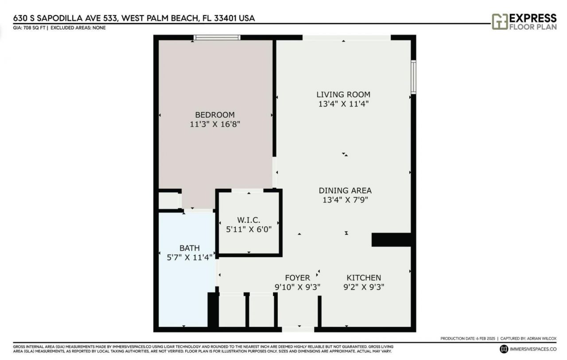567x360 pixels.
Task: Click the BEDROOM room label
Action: click(215, 115)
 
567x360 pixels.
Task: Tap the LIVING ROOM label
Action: click(343, 94)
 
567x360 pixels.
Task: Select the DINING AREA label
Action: click(345, 190)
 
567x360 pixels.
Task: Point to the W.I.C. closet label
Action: click(248, 220)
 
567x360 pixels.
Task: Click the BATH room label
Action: click(189, 248)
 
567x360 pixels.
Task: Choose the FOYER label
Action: click(297, 278)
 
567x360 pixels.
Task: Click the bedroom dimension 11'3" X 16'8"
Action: click(215, 124)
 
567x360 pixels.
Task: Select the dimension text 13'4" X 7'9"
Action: click(345, 200)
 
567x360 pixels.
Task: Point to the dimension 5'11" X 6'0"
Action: click(248, 229)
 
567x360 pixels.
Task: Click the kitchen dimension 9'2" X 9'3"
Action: click(363, 286)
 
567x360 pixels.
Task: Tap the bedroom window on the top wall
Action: click(217, 38)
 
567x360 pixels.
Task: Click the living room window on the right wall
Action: click(413, 77)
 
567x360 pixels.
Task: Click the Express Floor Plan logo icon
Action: click(499, 22)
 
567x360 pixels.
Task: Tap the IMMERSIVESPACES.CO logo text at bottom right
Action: click(532, 349)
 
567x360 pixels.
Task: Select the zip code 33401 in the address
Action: click(225, 18)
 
